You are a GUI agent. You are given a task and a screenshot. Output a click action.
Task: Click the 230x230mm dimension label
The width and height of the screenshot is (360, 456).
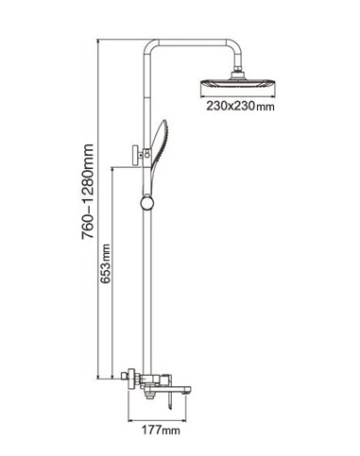tap(240, 106)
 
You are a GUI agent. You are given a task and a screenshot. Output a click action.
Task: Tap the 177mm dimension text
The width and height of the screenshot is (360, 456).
tap(161, 430)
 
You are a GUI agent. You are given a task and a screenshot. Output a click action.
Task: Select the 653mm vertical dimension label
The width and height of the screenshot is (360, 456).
tap(106, 263)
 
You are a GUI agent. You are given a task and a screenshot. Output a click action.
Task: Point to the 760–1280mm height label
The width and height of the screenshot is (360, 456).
tap(88, 192)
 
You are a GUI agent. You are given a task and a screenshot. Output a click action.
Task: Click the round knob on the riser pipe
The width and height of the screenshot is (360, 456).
tap(146, 202)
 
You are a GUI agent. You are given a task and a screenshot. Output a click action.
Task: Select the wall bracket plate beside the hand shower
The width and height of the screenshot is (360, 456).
tap(136, 155)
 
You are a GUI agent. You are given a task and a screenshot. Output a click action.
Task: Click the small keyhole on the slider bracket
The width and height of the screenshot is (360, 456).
tap(146, 154)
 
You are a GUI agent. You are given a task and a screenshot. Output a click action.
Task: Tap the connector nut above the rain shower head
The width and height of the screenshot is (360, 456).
tap(238, 75)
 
